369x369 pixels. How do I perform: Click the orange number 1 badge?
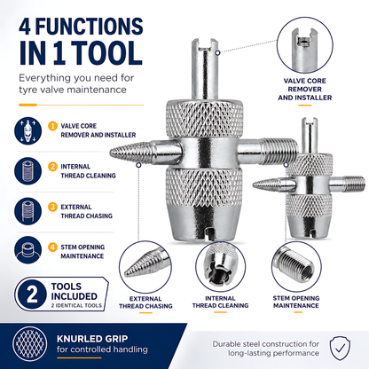tap(52, 126)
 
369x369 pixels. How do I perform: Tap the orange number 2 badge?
tap(52, 167)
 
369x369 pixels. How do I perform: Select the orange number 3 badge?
tap(52, 207)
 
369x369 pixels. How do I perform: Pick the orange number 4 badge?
tap(52, 247)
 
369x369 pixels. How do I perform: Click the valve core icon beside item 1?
tap(27, 131)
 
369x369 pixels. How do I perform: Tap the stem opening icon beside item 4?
tap(27, 250)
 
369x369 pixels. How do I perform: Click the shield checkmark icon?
tap(341, 348)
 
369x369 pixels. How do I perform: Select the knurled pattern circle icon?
tap(30, 344)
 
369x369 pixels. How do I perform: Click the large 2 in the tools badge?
tap(32, 294)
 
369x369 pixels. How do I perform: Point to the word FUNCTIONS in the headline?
tap(90, 27)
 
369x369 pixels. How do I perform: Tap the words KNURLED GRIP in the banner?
tap(92, 339)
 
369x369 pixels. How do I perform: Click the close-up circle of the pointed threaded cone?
tap(145, 267)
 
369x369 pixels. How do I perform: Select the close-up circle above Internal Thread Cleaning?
tap(220, 267)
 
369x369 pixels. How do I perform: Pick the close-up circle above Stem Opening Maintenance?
tap(296, 267)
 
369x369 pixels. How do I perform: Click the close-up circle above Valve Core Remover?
tap(305, 45)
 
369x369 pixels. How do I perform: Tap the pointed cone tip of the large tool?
tap(111, 153)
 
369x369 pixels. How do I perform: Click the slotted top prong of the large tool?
tap(205, 69)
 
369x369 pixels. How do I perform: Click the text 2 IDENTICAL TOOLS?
tap(76, 305)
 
